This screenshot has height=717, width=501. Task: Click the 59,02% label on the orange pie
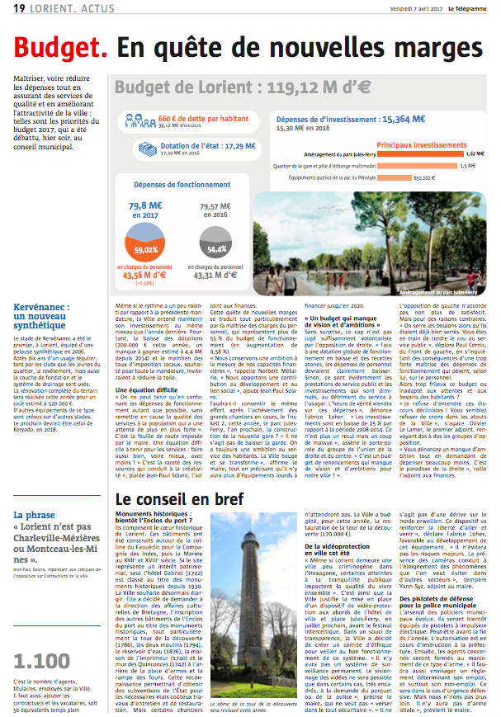(x=146, y=249)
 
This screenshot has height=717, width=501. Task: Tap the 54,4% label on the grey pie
(x=217, y=249)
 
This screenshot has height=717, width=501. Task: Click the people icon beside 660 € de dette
(x=131, y=120)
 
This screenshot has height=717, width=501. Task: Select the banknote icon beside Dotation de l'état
(x=170, y=149)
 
